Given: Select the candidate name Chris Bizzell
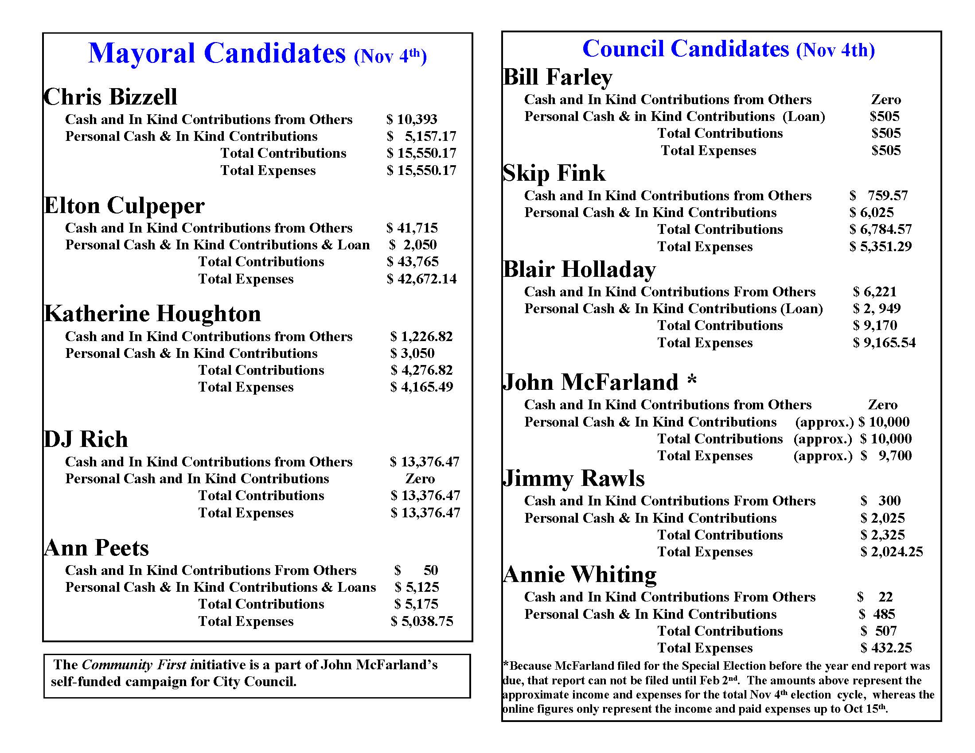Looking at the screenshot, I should pyautogui.click(x=110, y=97).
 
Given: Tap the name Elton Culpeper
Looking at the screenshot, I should pyautogui.click(x=124, y=206).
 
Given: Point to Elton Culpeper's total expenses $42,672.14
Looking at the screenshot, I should pyautogui.click(x=422, y=279).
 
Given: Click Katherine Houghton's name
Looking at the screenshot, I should pyautogui.click(x=152, y=314).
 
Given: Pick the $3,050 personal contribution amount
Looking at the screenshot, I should pyautogui.click(x=413, y=353).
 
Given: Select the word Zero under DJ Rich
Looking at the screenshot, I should pyautogui.click(x=420, y=479).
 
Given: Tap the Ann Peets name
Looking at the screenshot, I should pyautogui.click(x=97, y=548).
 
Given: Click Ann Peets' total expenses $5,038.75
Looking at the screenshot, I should pyautogui.click(x=422, y=621).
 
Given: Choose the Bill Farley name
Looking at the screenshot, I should pyautogui.click(x=558, y=77).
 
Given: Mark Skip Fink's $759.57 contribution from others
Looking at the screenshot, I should pyautogui.click(x=878, y=195).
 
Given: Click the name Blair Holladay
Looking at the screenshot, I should pyautogui.click(x=580, y=269).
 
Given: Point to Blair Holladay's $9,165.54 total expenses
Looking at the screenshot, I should pyautogui.click(x=884, y=342).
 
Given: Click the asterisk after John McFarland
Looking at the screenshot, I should pyautogui.click(x=692, y=380).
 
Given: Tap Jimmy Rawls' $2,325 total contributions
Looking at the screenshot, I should pyautogui.click(x=882, y=535).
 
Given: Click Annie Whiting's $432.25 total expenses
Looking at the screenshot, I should pyautogui.click(x=886, y=648).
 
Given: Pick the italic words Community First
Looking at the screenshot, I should pyautogui.click(x=134, y=665).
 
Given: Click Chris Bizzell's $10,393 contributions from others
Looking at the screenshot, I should pyautogui.click(x=412, y=119).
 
